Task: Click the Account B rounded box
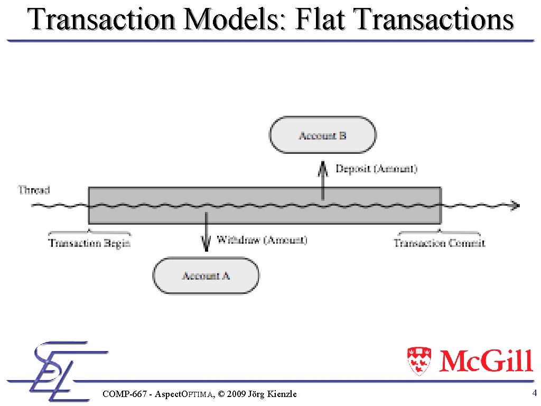point(323,135)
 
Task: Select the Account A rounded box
point(206,275)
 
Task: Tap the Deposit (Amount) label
point(377,169)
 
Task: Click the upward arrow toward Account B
point(323,180)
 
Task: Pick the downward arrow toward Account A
point(206,233)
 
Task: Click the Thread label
point(34,189)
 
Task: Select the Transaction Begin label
point(89,243)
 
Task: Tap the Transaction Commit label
point(439,243)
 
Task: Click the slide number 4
point(534,393)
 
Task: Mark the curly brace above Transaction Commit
point(439,232)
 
